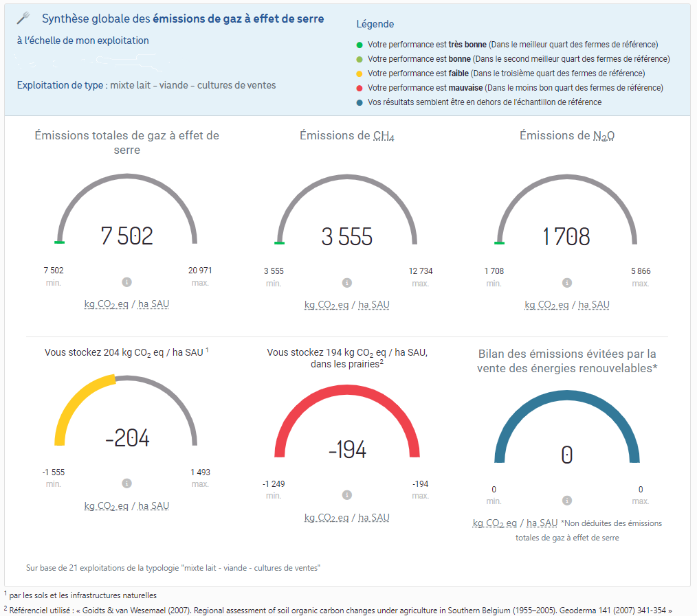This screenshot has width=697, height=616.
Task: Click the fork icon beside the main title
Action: coord(23,19)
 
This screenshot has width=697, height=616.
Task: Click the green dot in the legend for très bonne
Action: coord(359,45)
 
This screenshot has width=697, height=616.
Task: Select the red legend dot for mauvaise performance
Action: coord(359,88)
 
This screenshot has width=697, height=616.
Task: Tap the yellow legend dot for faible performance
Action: coord(359,73)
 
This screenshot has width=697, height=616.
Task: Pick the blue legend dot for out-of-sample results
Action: coord(359,102)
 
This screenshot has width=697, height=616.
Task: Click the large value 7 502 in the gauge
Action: coord(126,236)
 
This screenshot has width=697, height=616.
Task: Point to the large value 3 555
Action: coord(346,237)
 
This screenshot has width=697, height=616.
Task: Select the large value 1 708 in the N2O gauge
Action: coord(566,237)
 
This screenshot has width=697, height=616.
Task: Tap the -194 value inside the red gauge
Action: coord(347,450)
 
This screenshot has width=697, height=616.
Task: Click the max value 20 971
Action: coord(200,271)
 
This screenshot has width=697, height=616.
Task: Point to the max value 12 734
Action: coord(420,271)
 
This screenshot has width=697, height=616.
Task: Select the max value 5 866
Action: coord(640,271)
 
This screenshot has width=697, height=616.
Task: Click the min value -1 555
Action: coord(54,472)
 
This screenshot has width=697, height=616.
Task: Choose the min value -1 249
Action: coord(274,484)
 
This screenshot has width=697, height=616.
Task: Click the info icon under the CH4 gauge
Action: coord(346,283)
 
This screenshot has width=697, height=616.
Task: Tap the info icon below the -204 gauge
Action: coord(126,483)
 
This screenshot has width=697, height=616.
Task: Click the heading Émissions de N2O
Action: coord(566,136)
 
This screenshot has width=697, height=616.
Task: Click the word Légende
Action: coord(375,24)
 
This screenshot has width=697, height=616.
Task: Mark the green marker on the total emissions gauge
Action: coord(59,242)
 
